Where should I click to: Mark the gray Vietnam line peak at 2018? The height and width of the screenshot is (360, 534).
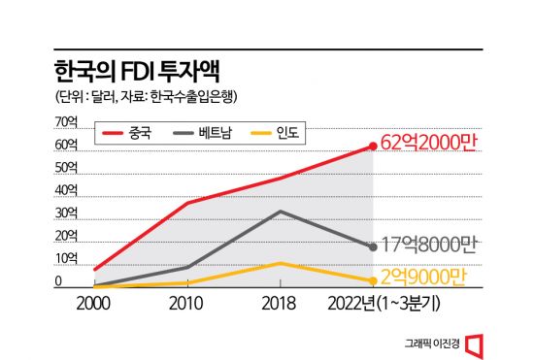point(281,212)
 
